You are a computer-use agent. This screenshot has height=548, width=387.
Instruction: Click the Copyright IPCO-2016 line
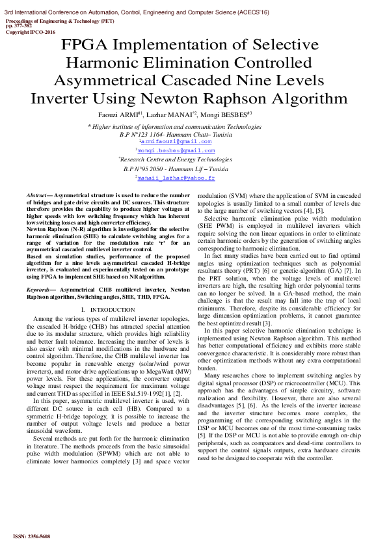click(31, 31)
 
